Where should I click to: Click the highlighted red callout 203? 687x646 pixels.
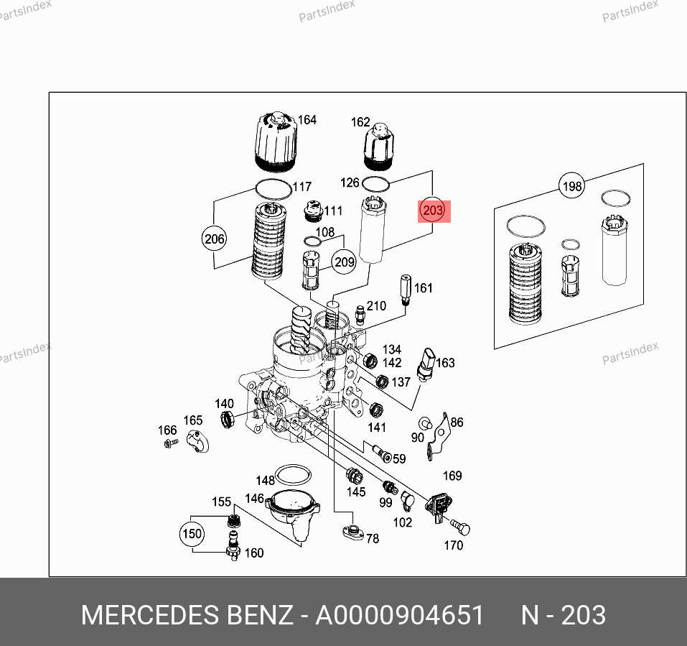(433, 211)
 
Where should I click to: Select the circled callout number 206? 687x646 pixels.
(214, 239)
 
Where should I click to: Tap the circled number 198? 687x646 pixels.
(571, 186)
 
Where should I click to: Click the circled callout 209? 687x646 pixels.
(344, 262)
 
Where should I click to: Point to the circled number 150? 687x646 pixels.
(192, 534)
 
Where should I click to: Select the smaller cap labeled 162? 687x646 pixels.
(378, 147)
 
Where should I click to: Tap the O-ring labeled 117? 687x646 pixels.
(274, 190)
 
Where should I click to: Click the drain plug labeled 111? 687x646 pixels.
(313, 211)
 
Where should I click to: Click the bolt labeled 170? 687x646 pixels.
(460, 527)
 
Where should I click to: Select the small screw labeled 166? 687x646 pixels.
(170, 444)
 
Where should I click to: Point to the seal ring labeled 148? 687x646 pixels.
(294, 475)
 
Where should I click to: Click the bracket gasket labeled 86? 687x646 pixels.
(439, 436)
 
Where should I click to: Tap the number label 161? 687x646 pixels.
(424, 288)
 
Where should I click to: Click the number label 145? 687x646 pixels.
(356, 492)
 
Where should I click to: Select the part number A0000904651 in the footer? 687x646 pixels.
(400, 615)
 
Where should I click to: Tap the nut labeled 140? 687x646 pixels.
(227, 419)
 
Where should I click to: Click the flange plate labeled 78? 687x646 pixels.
(353, 532)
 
